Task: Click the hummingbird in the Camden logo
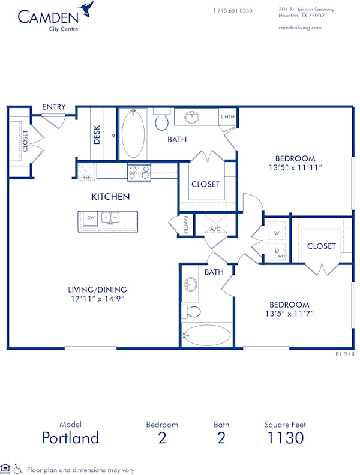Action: pyautogui.click(x=89, y=9)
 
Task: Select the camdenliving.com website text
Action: pyautogui.click(x=300, y=28)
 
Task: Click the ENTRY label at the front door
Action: pyautogui.click(x=54, y=107)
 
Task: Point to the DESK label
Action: pyautogui.click(x=97, y=134)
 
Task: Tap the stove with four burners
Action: pyautogui.click(x=139, y=173)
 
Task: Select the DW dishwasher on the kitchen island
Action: pyautogui.click(x=91, y=218)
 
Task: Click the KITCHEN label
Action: pyautogui.click(x=110, y=197)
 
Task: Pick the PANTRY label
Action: pyautogui.click(x=187, y=226)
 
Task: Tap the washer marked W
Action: pyautogui.click(x=277, y=232)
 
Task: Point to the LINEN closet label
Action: pyautogui.click(x=227, y=116)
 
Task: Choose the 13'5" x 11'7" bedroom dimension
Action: pyautogui.click(x=289, y=313)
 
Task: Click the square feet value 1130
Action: pyautogui.click(x=285, y=438)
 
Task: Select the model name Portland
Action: pyautogui.click(x=70, y=438)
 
